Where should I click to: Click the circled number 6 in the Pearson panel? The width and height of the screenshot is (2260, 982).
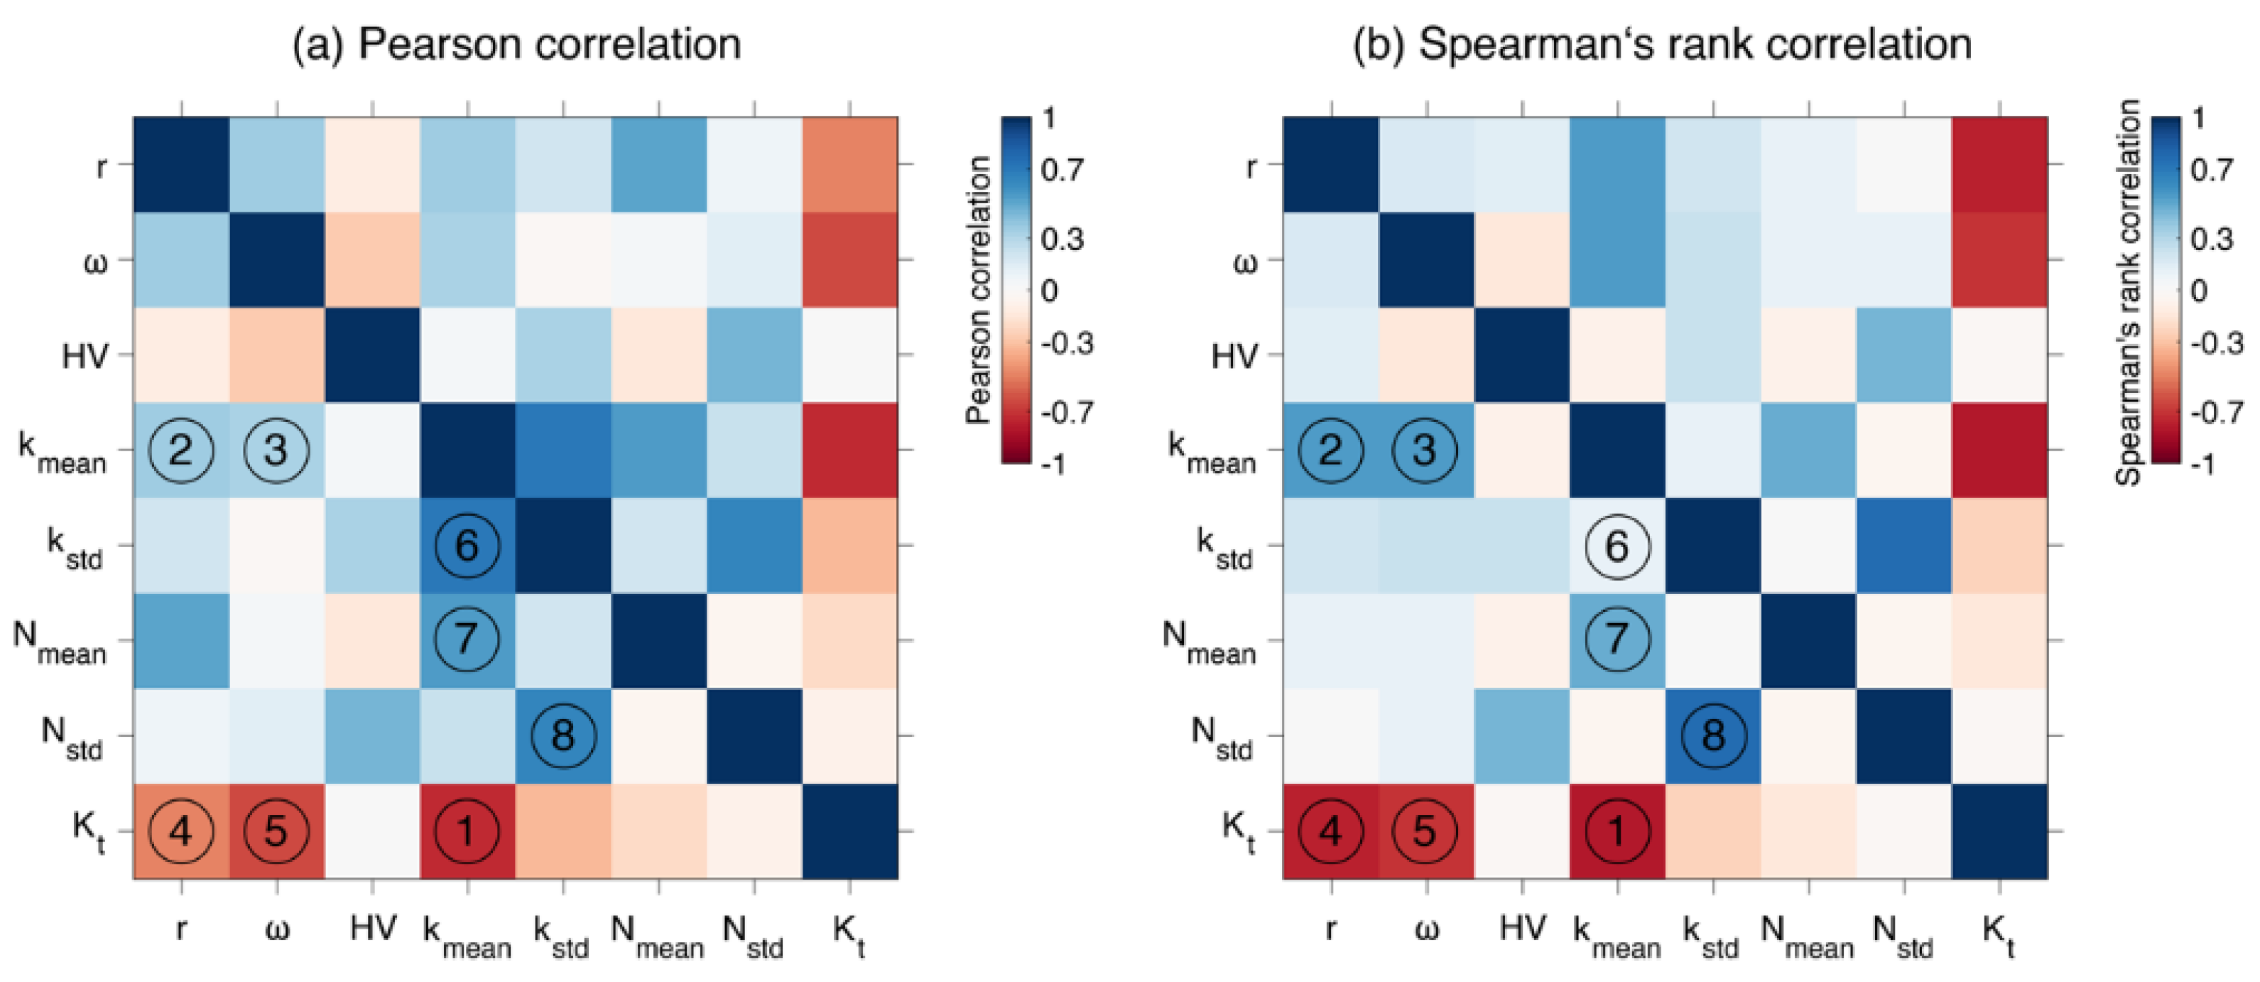[x=467, y=545]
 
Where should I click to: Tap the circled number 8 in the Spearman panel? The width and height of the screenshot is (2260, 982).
[x=1713, y=735]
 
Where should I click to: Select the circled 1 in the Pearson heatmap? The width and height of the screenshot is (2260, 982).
[x=467, y=830]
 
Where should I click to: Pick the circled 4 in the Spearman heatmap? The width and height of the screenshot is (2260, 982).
[x=1331, y=830]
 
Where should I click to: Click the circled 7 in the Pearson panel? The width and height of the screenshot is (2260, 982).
[x=467, y=640]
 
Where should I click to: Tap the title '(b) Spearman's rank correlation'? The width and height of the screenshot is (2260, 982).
[x=1662, y=44]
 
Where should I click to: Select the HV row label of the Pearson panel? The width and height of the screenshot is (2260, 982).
[x=85, y=356]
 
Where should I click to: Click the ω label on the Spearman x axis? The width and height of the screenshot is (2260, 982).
[x=1427, y=929]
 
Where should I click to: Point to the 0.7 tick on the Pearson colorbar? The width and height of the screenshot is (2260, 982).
[x=1063, y=169]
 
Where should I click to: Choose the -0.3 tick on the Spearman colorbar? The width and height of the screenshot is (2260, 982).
[x=2215, y=342]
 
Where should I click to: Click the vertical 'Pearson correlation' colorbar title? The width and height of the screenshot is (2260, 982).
[x=978, y=290]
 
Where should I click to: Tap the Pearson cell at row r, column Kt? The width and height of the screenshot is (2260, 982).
[x=849, y=164]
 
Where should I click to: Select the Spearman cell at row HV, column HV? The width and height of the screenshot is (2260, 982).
[x=1522, y=355]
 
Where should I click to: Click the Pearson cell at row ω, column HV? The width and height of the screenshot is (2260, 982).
[x=372, y=260]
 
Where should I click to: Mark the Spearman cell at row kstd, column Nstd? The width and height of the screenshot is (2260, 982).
[x=1903, y=545]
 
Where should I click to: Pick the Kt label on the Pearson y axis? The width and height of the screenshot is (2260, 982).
[x=88, y=830]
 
